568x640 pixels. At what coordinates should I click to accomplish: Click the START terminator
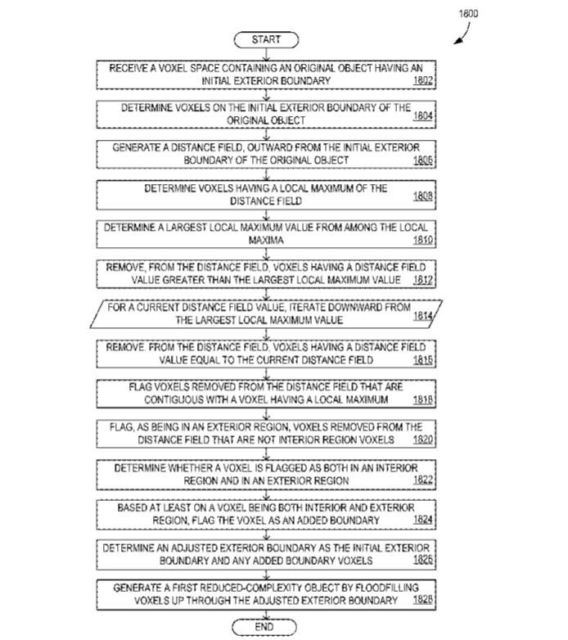pos(266,39)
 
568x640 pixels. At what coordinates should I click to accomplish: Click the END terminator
pos(264,627)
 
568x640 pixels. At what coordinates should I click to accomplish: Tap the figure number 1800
pos(468,14)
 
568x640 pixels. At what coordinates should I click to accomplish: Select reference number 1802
pos(423,80)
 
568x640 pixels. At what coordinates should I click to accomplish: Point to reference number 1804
pos(423,115)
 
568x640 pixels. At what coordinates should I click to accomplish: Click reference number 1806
pos(423,160)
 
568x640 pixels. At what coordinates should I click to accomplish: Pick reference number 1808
pos(423,196)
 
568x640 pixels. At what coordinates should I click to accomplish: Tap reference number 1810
pos(423,240)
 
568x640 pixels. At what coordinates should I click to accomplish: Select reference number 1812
pos(423,280)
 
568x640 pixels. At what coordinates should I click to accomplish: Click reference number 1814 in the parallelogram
pos(423,316)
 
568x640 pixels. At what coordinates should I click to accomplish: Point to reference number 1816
pos(423,359)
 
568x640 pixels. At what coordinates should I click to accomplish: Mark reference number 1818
pos(423,399)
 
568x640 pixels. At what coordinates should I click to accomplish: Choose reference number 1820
pos(423,439)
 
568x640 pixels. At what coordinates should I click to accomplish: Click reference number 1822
pos(423,480)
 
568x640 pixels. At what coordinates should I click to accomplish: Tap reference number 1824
pos(423,519)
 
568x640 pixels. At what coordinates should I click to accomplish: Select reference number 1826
pos(423,559)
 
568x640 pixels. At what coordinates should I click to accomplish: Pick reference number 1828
pos(423,599)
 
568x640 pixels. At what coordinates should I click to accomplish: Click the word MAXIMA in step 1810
pos(266,240)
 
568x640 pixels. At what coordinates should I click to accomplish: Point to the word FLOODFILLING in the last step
pos(387,588)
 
